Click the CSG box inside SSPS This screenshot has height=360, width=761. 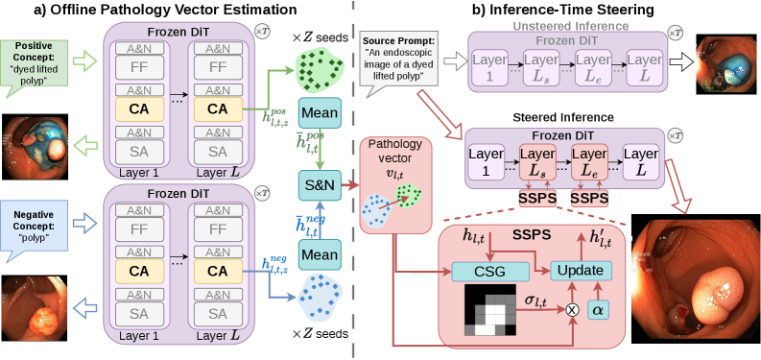click(x=490, y=271)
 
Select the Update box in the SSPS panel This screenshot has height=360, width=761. click(x=582, y=270)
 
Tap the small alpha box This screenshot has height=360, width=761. click(x=598, y=309)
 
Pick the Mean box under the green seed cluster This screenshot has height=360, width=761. click(x=321, y=113)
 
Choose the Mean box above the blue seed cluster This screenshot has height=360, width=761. click(x=321, y=254)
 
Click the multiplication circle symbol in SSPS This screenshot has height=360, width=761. click(x=573, y=309)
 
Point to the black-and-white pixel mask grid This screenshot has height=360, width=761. click(x=490, y=310)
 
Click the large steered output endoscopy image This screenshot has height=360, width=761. click(x=697, y=281)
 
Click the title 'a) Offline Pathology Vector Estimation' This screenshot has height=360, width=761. click(x=164, y=10)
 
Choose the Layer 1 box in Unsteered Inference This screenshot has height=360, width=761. click(x=488, y=66)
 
